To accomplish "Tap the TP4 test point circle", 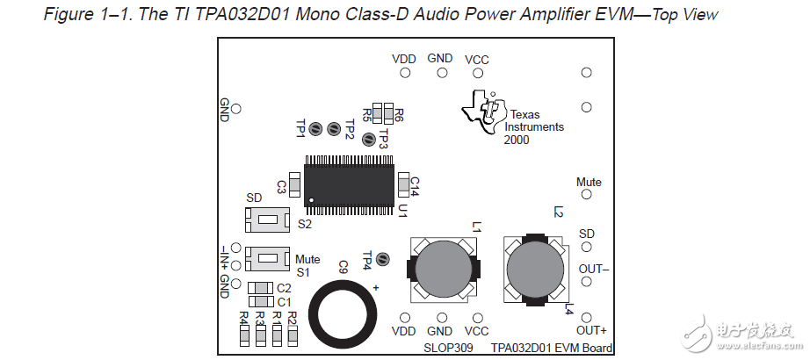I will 382,259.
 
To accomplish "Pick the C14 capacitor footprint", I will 403,184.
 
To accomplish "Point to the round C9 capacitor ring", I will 345,312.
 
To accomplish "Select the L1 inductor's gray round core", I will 444,270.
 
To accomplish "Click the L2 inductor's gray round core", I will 536,270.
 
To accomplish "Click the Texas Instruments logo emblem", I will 482,117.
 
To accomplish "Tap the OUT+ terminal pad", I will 587,317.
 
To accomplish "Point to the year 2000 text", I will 517,140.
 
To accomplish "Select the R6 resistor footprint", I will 388,112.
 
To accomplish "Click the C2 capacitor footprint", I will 259,288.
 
